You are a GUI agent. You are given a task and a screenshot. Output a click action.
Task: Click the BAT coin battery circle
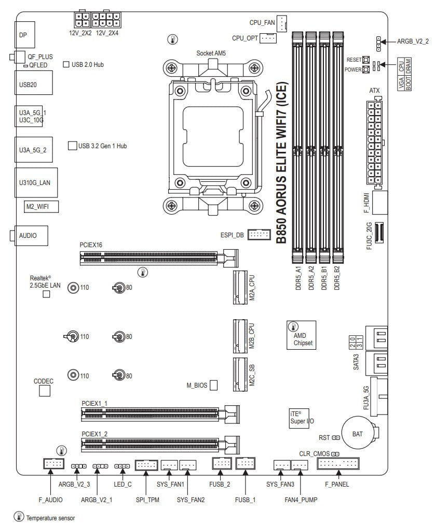[x=357, y=433]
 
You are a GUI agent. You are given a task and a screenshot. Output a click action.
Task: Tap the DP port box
[x=25, y=35]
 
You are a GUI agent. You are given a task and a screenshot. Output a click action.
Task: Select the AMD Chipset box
[x=302, y=335]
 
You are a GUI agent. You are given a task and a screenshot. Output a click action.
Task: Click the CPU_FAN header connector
[x=281, y=23]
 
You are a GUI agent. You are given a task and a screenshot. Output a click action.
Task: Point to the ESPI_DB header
[x=259, y=235]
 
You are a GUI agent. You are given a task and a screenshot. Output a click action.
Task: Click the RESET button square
[x=366, y=60]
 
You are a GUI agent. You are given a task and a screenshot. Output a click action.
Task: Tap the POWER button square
[x=366, y=69]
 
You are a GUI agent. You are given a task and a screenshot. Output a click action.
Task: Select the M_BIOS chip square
[x=213, y=385]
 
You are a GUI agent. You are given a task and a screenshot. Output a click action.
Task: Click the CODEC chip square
[x=45, y=391]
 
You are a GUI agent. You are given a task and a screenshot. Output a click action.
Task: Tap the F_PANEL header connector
[x=338, y=464]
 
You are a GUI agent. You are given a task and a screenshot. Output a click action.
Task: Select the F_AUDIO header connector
[x=53, y=464]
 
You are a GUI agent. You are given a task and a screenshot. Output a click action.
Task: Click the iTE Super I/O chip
[x=300, y=418]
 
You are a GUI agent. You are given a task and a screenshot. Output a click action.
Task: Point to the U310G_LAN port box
[x=36, y=182]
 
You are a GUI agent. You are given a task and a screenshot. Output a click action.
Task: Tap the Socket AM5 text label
[x=211, y=53]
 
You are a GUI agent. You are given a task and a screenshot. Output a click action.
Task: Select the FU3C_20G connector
[x=379, y=233]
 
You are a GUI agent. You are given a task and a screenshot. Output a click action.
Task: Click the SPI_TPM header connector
[x=146, y=465]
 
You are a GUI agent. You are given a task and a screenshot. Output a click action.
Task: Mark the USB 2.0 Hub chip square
[x=66, y=64]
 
